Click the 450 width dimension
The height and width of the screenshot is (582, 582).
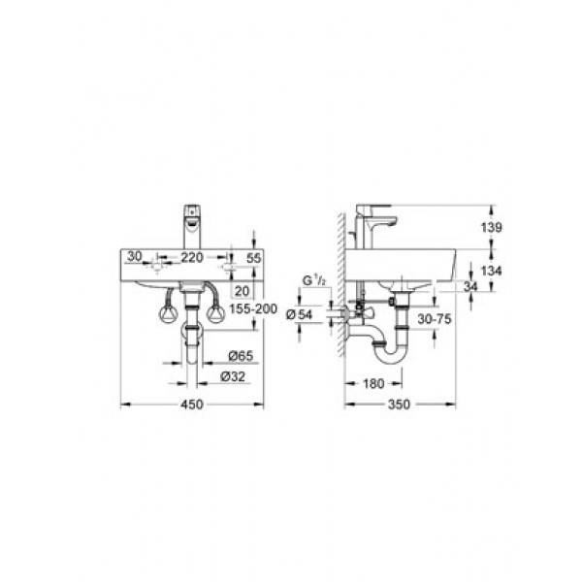(x=192, y=404)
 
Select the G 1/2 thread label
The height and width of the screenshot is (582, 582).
(x=313, y=281)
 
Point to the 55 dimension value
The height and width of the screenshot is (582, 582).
(x=255, y=259)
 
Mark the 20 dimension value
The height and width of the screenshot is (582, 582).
(x=242, y=289)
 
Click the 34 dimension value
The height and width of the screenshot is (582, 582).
(x=471, y=285)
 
